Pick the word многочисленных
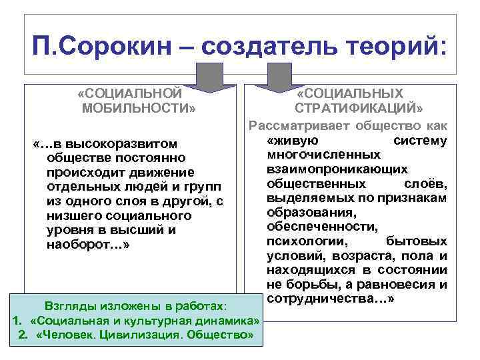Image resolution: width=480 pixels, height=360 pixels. click(317, 155)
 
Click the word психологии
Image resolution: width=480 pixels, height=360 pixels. click(298, 241)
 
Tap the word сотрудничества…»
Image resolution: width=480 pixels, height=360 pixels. click(331, 299)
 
